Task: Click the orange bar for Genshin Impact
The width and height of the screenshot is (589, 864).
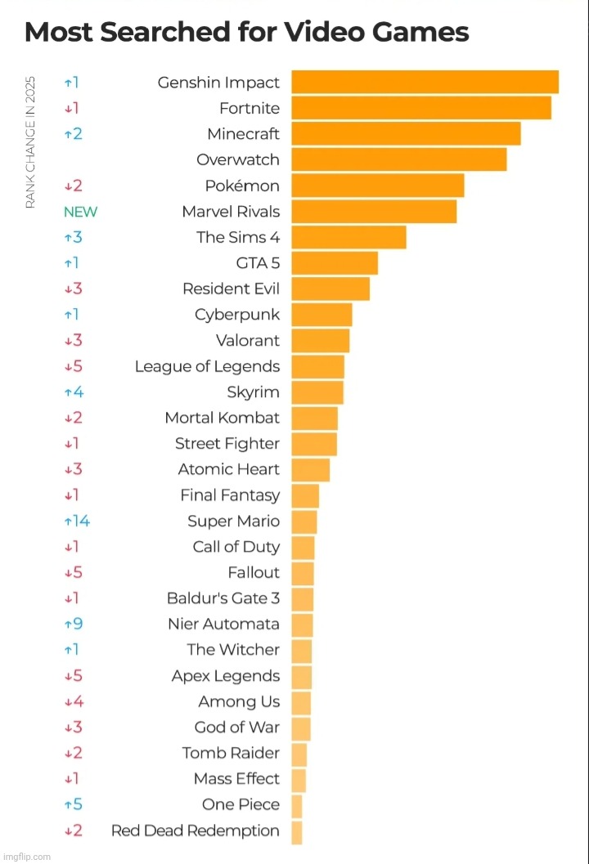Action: (x=425, y=83)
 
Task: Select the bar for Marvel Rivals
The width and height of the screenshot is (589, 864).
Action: (x=374, y=212)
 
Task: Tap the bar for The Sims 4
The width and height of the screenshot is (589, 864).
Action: (x=348, y=237)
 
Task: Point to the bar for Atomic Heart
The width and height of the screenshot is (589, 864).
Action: (x=311, y=469)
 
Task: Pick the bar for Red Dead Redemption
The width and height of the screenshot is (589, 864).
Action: (x=297, y=831)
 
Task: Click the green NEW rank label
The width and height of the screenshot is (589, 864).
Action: (x=80, y=212)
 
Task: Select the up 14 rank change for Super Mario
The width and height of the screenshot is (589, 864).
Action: (x=77, y=521)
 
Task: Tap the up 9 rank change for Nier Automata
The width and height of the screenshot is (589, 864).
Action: (x=74, y=624)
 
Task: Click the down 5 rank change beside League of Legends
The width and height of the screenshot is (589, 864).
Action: (x=74, y=366)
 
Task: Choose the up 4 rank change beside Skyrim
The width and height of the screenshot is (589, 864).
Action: (x=74, y=392)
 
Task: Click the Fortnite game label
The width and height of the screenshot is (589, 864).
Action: (x=250, y=108)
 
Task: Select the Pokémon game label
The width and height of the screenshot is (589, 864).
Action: (x=242, y=186)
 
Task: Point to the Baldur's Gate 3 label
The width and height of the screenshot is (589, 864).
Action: (x=223, y=598)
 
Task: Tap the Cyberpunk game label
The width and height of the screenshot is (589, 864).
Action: (x=237, y=315)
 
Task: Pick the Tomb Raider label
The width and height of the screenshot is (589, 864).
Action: (x=231, y=753)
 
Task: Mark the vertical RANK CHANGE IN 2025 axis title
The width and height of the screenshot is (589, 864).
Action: (x=31, y=141)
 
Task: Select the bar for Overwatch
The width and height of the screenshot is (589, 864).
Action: (x=399, y=159)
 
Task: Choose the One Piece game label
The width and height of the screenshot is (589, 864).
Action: (x=241, y=805)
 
